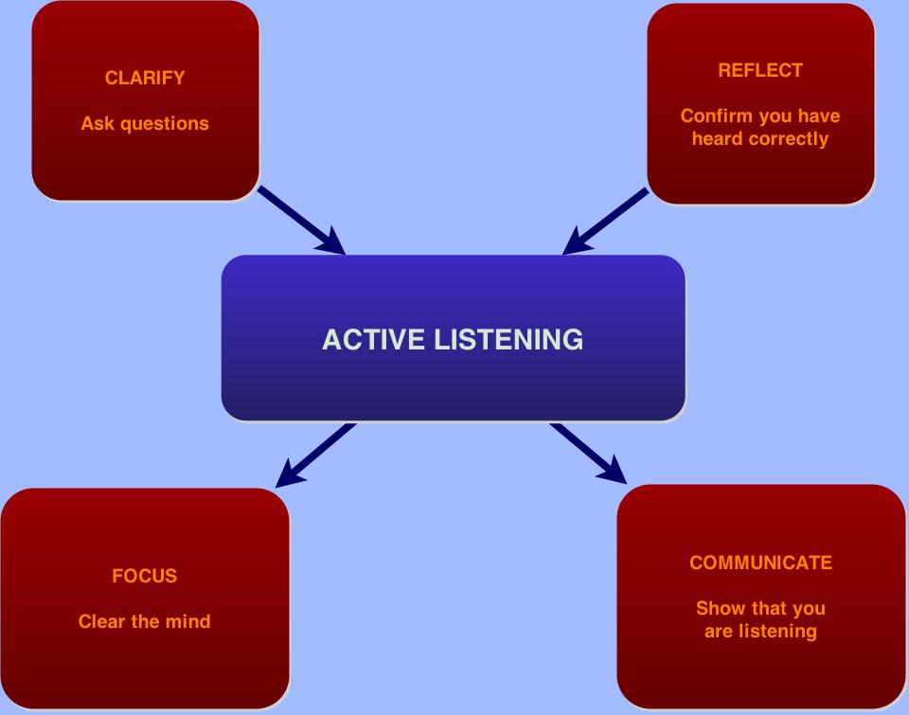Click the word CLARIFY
[145, 79]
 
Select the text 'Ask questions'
[145, 124]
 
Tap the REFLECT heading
[760, 70]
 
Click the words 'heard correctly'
[760, 139]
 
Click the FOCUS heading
[145, 576]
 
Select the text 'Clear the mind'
[145, 622]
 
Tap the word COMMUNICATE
[760, 563]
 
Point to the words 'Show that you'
[760, 608]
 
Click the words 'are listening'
[760, 631]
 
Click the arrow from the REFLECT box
[606, 222]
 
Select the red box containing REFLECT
[760, 170]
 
